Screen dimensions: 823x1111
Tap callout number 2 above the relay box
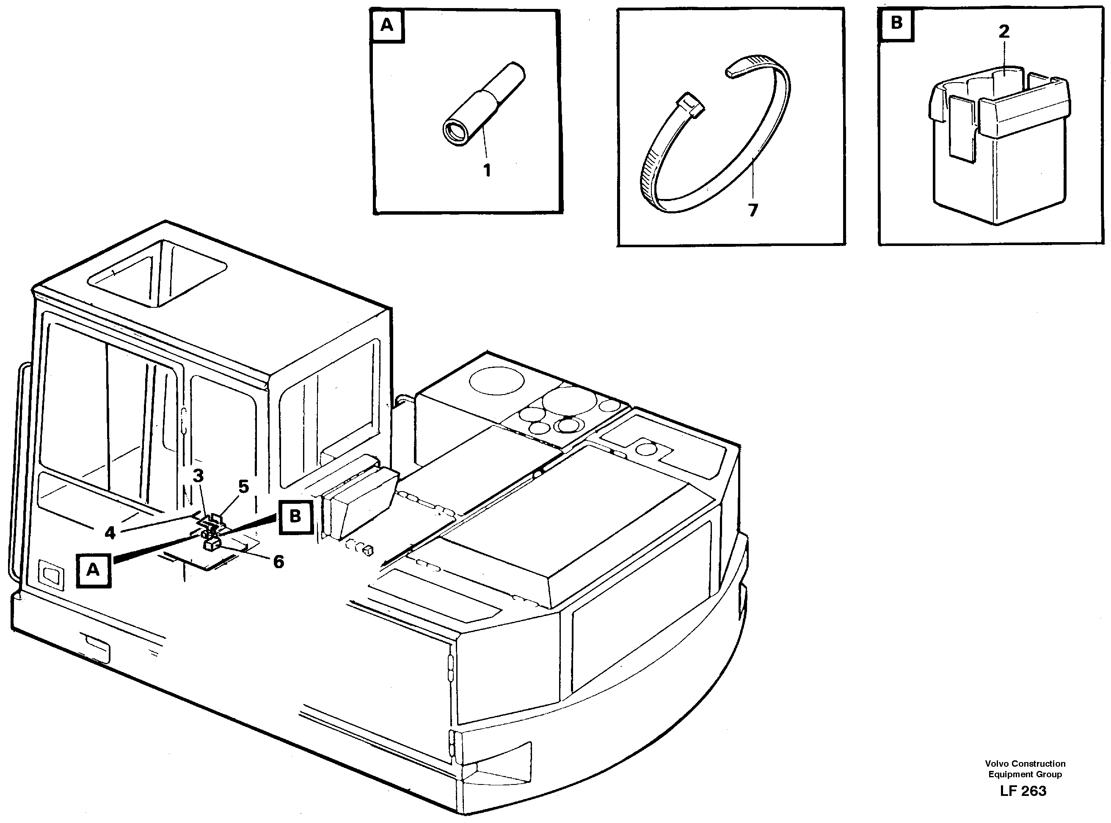[1003, 32]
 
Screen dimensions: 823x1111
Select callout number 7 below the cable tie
[753, 210]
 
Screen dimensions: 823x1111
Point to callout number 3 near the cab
[198, 476]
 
